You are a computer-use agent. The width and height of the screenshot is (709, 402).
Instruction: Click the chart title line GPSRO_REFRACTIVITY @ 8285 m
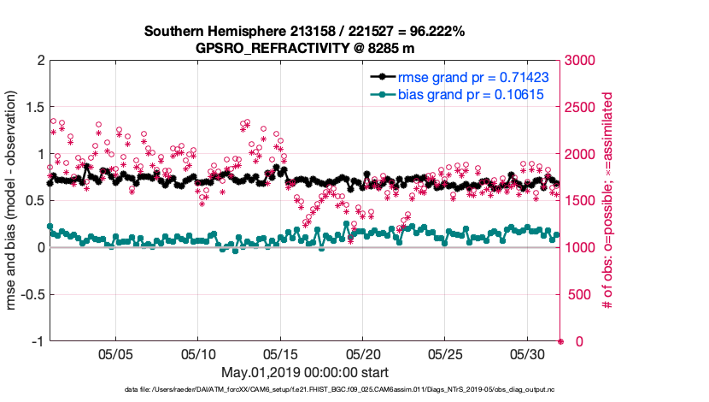click(304, 48)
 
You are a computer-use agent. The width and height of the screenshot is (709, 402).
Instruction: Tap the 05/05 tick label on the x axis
click(115, 353)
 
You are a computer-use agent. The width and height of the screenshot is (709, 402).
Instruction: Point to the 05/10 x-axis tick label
click(198, 353)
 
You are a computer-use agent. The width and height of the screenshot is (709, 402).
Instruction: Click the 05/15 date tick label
click(280, 353)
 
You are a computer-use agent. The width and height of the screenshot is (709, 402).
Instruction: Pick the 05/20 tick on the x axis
click(362, 353)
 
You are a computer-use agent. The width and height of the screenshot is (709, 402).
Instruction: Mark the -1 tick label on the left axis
click(37, 341)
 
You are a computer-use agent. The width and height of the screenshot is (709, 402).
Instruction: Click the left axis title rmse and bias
click(12, 201)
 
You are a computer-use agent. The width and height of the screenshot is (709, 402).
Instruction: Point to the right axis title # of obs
click(607, 201)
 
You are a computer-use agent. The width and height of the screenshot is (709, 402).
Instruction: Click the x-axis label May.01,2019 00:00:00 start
click(304, 372)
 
